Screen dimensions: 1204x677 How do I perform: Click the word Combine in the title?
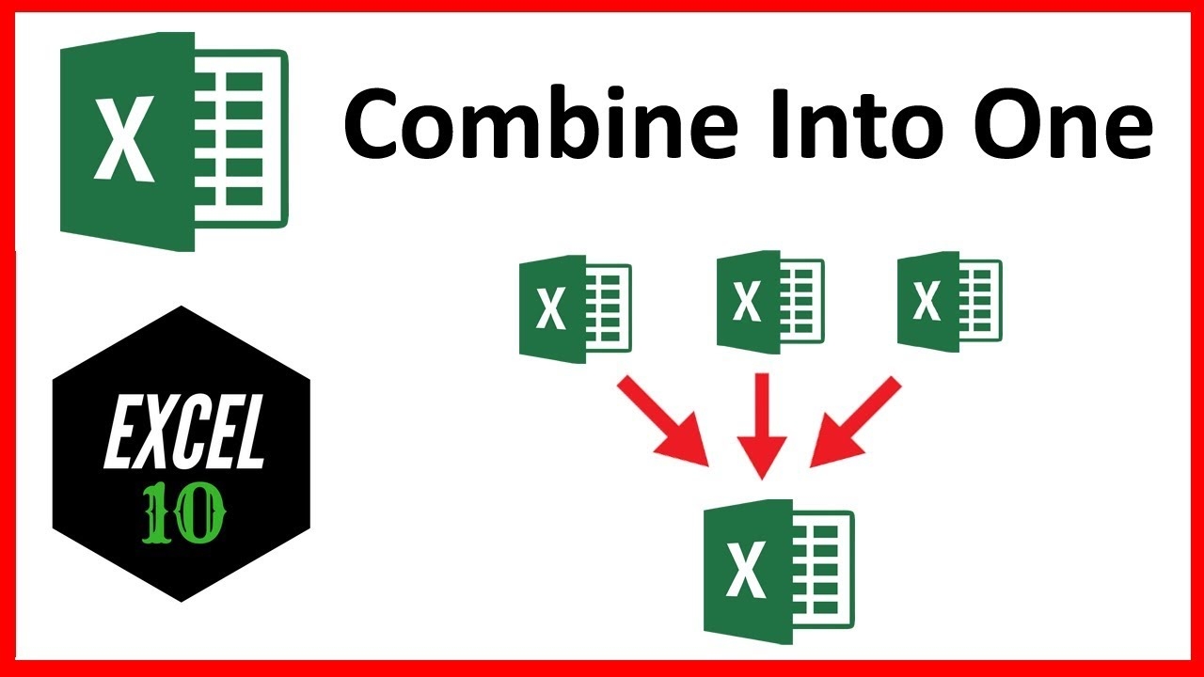click(x=540, y=122)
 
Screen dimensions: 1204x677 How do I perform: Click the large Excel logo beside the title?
click(x=174, y=141)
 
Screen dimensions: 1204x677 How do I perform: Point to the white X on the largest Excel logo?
click(x=124, y=138)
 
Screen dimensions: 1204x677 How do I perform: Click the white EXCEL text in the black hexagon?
click(x=183, y=431)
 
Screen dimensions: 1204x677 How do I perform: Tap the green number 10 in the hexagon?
click(x=183, y=514)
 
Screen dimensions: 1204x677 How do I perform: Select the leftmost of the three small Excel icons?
click(x=575, y=309)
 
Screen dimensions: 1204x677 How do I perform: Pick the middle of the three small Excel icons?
click(x=770, y=302)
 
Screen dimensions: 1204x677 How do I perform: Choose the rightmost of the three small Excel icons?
click(x=950, y=302)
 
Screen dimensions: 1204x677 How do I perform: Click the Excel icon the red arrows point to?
click(x=779, y=572)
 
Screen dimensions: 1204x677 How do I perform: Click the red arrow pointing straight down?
click(x=762, y=426)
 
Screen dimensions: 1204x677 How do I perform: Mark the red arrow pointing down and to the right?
click(x=663, y=420)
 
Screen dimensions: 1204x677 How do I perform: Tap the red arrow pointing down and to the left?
click(x=855, y=421)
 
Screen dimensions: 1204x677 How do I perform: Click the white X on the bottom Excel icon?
click(x=746, y=569)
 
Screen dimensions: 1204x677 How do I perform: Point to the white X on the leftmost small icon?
click(x=551, y=308)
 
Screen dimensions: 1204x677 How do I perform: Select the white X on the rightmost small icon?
click(x=927, y=301)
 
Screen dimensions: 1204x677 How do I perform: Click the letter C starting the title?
click(x=373, y=125)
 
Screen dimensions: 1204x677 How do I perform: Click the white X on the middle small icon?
click(x=747, y=302)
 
